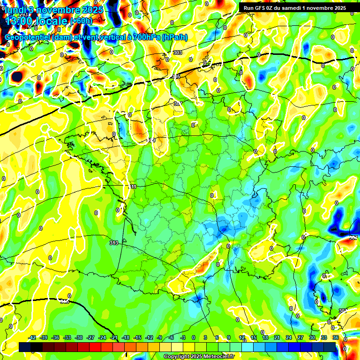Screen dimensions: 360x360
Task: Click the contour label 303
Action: (177, 52)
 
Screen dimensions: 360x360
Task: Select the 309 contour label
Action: (151, 140)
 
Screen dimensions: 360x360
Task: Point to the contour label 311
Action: (133, 187)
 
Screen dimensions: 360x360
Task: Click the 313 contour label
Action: (113, 243)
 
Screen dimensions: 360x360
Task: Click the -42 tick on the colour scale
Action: (32, 337)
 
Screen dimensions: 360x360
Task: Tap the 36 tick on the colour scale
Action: (335, 337)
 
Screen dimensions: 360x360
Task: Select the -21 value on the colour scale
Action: (114, 337)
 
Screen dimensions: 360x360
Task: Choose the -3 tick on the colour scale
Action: (183, 337)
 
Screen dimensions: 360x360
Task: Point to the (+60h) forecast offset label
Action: (82, 21)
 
